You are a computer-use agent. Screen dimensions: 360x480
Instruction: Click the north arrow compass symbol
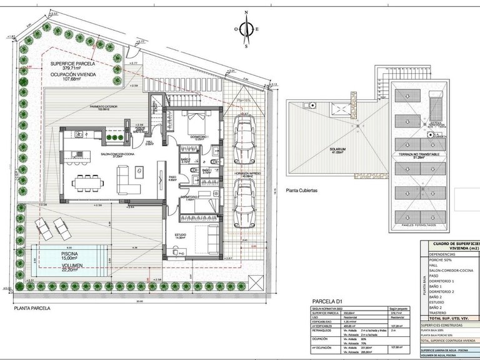click(x=246, y=28)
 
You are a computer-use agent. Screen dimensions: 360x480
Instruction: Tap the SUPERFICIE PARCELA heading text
click(x=74, y=63)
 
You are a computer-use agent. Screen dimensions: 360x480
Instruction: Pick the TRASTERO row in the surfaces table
click(x=440, y=312)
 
